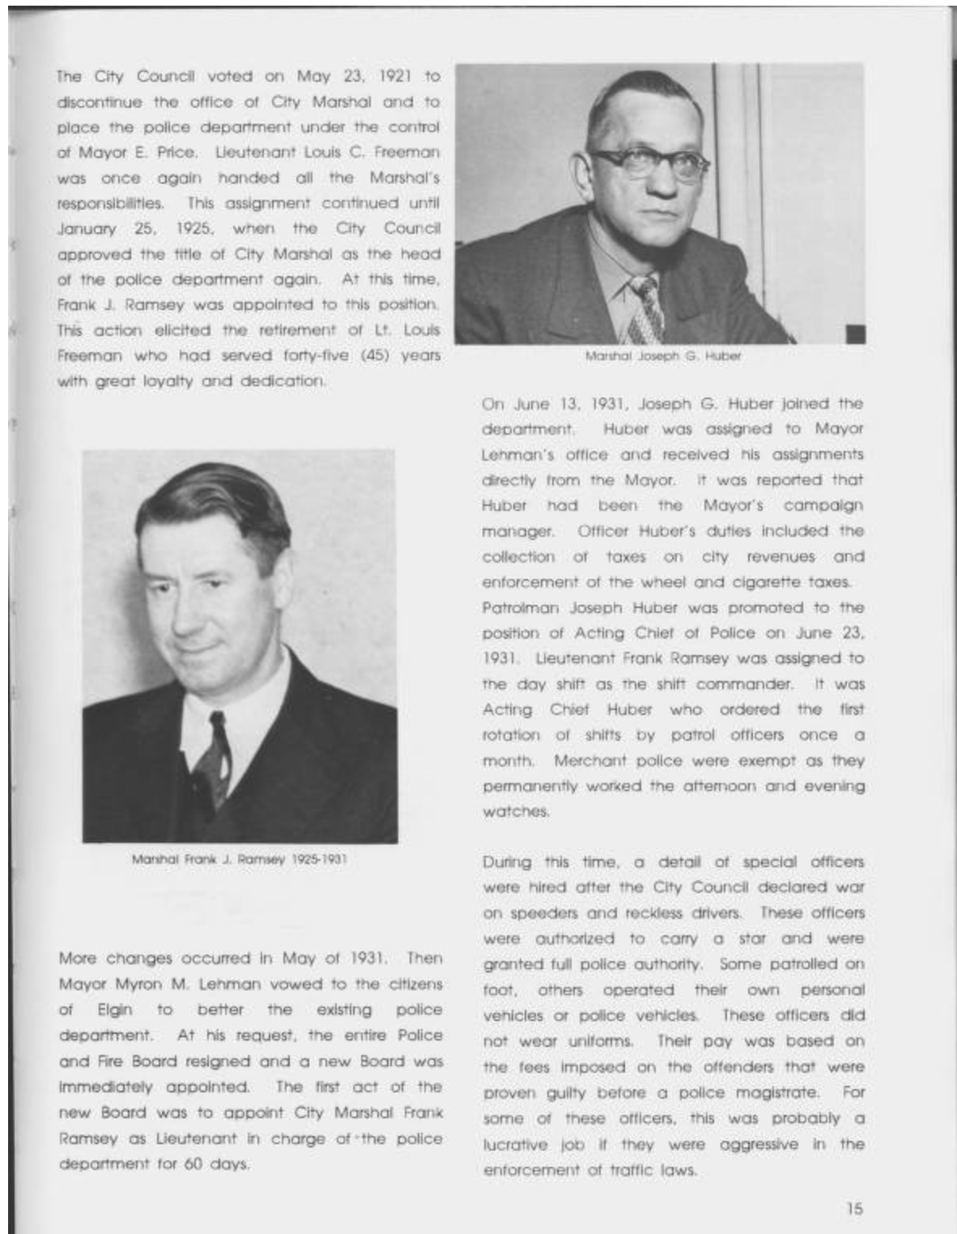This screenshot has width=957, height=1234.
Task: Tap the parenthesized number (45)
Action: pyautogui.click(x=373, y=355)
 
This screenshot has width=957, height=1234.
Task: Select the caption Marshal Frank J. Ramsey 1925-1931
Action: pyautogui.click(x=240, y=859)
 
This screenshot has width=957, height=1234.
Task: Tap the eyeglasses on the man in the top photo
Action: pyautogui.click(x=649, y=160)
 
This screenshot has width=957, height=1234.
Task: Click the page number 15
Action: pyautogui.click(x=854, y=1208)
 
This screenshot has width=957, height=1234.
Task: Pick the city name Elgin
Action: pyautogui.click(x=115, y=1011)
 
